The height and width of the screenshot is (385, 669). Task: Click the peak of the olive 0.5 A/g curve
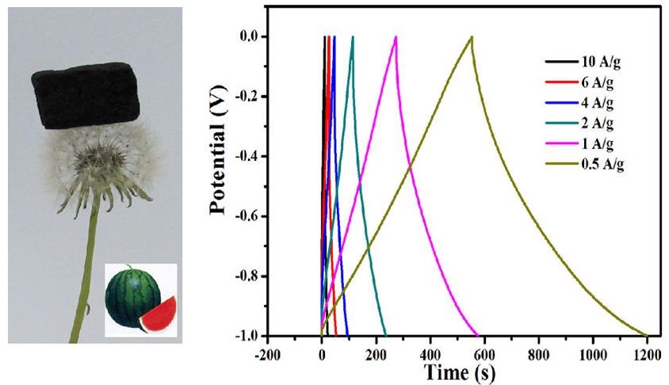pyautogui.click(x=472, y=36)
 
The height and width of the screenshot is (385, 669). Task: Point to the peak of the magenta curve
pyautogui.click(x=396, y=36)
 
